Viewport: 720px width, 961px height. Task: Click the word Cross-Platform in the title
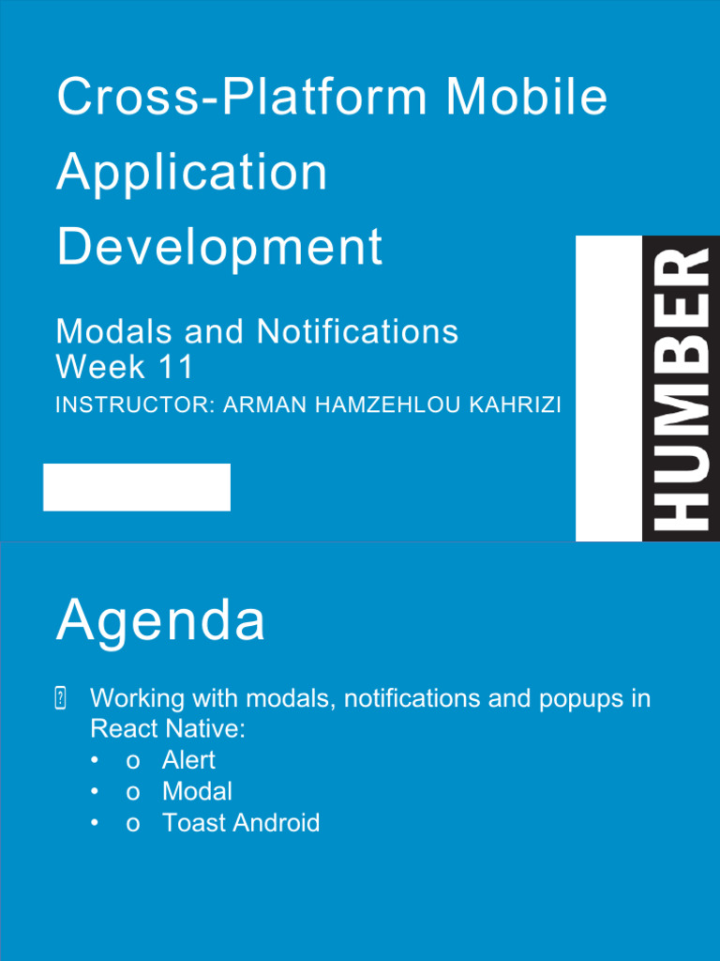tap(242, 98)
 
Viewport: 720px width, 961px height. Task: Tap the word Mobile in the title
tap(527, 98)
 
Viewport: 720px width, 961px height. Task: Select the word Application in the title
tap(192, 173)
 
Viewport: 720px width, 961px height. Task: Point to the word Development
tap(219, 247)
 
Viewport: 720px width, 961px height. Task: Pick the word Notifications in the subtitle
tap(358, 331)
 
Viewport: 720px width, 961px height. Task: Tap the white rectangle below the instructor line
tap(137, 487)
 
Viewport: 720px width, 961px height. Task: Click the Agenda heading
tap(160, 621)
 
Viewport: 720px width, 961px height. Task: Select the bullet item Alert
tap(188, 760)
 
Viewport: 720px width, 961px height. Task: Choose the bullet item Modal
tap(197, 791)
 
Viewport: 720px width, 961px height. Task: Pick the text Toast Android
tap(241, 823)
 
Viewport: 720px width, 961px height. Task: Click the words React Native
tap(164, 729)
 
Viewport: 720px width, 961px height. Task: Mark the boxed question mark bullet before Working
tap(61, 698)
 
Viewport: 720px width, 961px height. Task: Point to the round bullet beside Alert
tap(95, 760)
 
